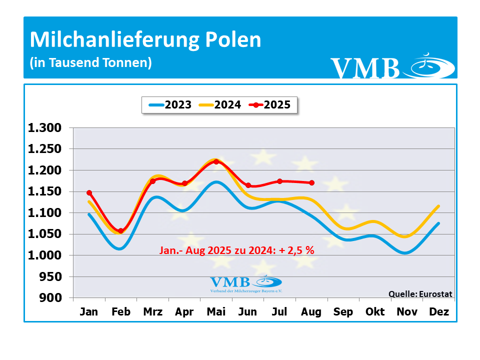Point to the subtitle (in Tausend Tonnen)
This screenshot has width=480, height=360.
90,63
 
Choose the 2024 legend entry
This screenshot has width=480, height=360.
220,105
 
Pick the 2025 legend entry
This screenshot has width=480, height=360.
270,105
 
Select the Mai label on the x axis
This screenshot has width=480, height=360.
216,312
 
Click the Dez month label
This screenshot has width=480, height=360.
439,312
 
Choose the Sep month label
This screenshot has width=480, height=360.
343,312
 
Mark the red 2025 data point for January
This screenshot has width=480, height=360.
89,192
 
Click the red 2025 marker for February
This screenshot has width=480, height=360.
121,231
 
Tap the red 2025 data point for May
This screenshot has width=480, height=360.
216,161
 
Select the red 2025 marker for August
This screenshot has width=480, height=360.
311,183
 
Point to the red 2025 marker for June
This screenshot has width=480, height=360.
248,185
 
